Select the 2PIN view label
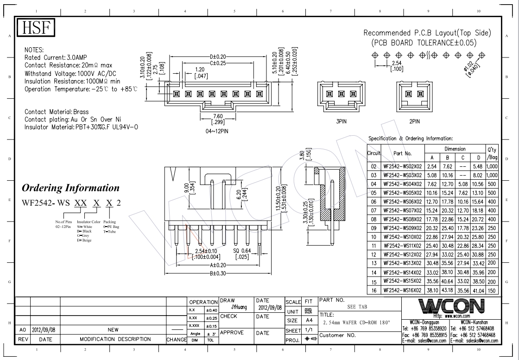tap(414, 121)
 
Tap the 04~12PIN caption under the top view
tap(217, 131)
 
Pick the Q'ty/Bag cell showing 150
tap(492, 290)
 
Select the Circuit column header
tap(373, 152)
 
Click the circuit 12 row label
tap(373, 254)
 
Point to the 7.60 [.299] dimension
tap(217, 120)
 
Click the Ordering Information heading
tap(70, 188)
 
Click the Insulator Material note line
tap(81, 127)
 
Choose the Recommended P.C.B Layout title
tap(427, 33)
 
